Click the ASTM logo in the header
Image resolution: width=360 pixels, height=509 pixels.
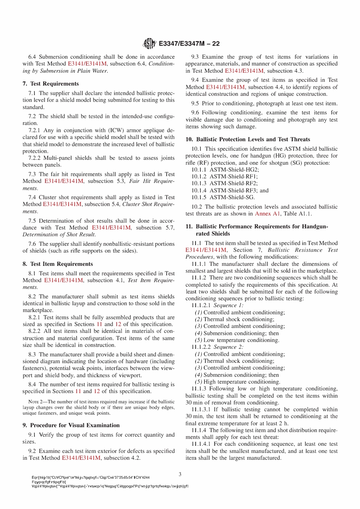pos(149,44)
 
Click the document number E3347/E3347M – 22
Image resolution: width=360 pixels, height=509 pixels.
pos(189,44)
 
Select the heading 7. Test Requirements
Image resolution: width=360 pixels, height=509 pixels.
pos(51,84)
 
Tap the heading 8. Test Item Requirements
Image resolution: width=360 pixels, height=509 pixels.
pos(58,264)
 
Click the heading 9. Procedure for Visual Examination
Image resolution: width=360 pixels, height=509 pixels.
pos(71,425)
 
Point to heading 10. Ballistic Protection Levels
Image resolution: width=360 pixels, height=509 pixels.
pos(248,139)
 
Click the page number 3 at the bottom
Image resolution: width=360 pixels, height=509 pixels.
pos(180,474)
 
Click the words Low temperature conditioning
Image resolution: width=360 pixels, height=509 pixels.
pos(241,340)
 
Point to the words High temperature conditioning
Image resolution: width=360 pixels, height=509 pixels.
pos(242,382)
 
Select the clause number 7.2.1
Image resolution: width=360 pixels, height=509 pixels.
pos(34,130)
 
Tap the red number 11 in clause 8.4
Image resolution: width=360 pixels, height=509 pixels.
pos(78,391)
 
